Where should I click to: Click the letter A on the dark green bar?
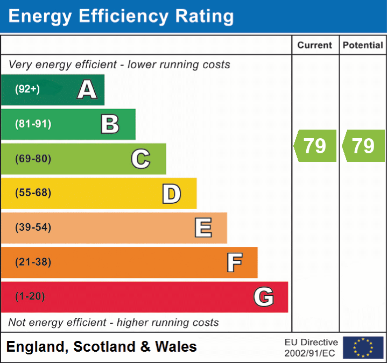coord(87,90)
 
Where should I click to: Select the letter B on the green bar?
coord(110,124)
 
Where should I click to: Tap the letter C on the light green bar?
coord(140,159)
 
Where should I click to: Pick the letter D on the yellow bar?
coord(172,194)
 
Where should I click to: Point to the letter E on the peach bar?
coord(203,228)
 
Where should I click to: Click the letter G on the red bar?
coord(264,297)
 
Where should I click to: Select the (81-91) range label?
coord(33,124)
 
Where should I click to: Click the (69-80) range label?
coord(33,159)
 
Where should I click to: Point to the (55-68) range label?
coord(33,193)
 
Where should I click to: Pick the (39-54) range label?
coord(33,227)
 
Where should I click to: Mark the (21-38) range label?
coord(33,262)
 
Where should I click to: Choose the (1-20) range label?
coord(30,297)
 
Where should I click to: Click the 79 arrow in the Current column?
coord(315,146)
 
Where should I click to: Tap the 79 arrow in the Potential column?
coord(363,146)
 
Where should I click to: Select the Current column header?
coord(315,46)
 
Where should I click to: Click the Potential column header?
coord(363,46)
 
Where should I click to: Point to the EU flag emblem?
coord(363,347)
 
